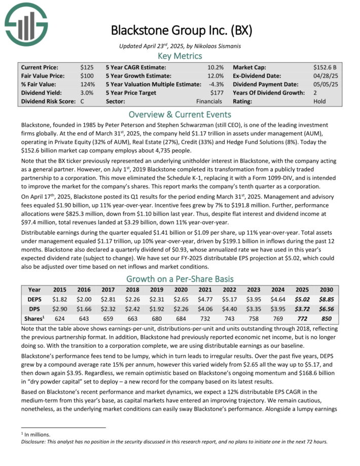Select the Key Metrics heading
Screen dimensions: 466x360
(179, 56)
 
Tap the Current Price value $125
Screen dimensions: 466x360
(87, 67)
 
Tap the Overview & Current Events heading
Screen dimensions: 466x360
(179, 114)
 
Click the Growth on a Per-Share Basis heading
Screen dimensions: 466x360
(179, 278)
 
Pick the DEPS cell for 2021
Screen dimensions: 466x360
(206, 299)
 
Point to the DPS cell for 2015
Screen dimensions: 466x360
(60, 308)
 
